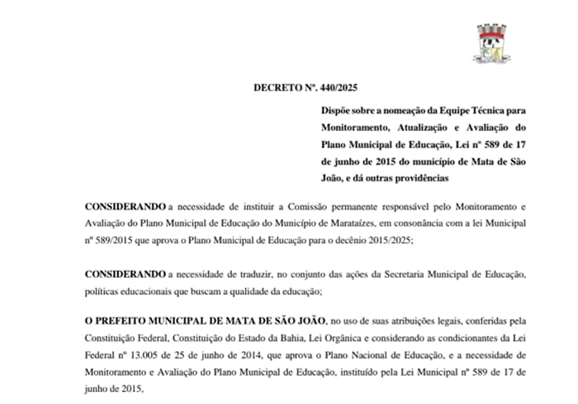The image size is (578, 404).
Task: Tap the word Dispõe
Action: tap(339, 110)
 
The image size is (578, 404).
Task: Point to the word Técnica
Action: tap(478, 110)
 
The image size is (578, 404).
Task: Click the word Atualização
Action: tap(419, 127)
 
